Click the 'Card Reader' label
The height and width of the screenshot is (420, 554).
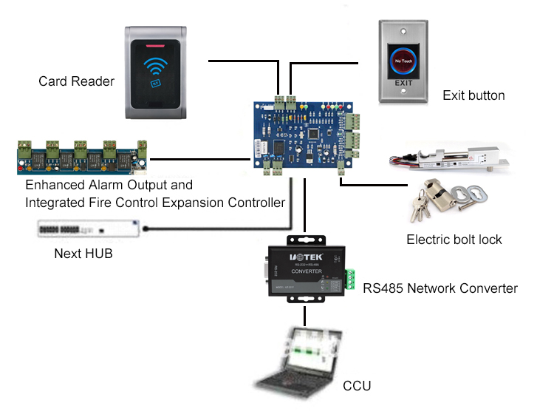tap(76, 81)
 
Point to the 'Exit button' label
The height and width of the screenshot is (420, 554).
tap(473, 95)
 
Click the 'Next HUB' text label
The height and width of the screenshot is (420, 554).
tap(83, 254)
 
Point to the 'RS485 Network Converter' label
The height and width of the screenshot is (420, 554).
tap(440, 288)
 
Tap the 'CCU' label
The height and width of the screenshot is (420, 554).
tap(358, 387)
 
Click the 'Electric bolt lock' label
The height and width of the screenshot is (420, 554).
tap(454, 240)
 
